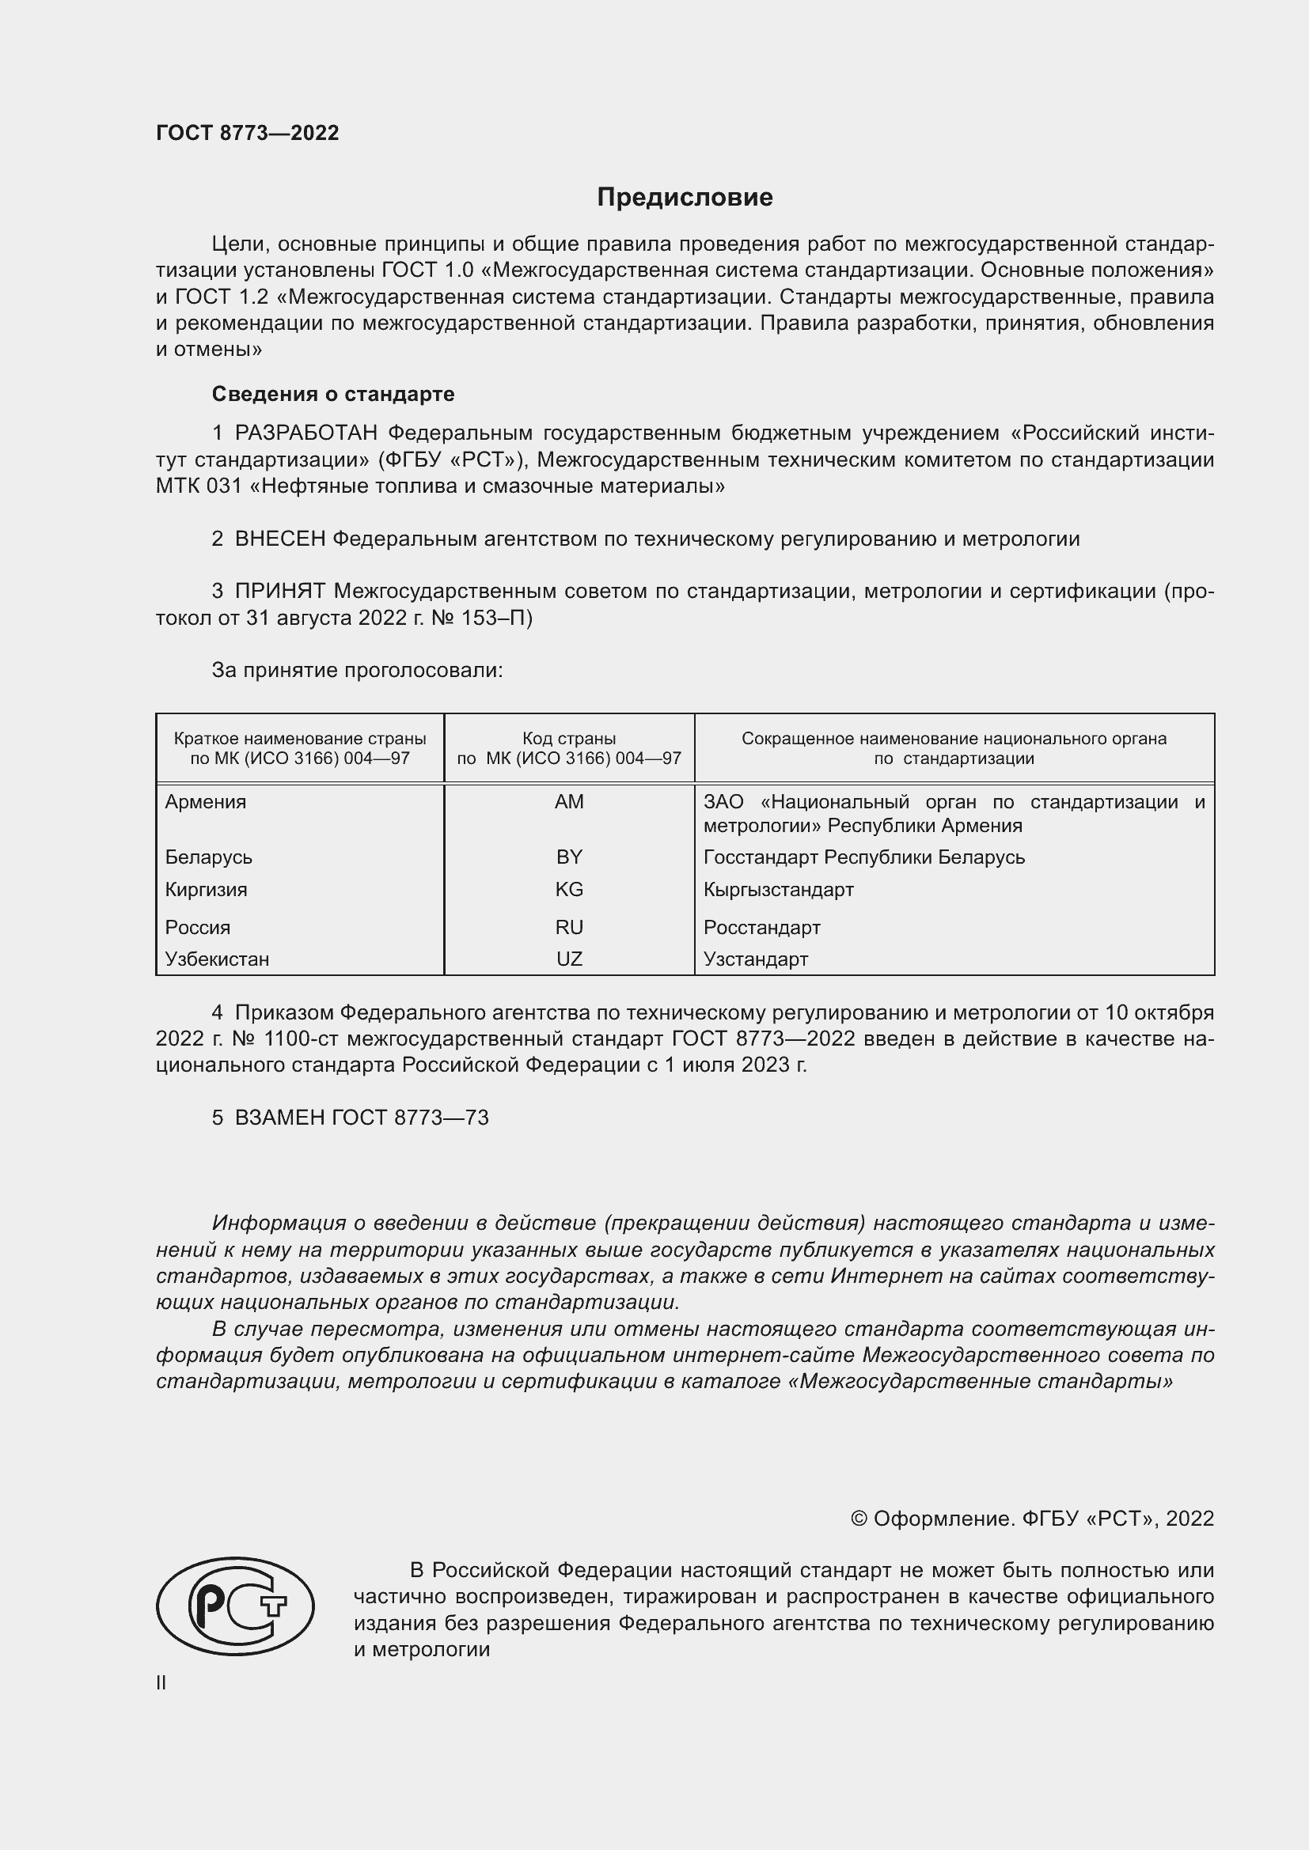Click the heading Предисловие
coord(685,198)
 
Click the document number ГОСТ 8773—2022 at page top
coord(248,133)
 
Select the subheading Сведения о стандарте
coord(333,394)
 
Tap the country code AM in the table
coord(569,802)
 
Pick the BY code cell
coord(569,857)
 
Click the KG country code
coord(569,890)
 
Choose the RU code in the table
coord(569,928)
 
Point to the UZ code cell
coord(569,959)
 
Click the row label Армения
coord(206,802)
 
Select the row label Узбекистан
coord(217,959)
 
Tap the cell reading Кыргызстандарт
coord(778,890)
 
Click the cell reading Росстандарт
coord(761,928)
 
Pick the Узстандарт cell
coord(755,959)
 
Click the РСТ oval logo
coord(235,1606)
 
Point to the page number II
coord(161,1683)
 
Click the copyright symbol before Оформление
coord(859,1519)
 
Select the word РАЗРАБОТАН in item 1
coord(305,433)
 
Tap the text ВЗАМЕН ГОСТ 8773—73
coord(361,1118)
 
